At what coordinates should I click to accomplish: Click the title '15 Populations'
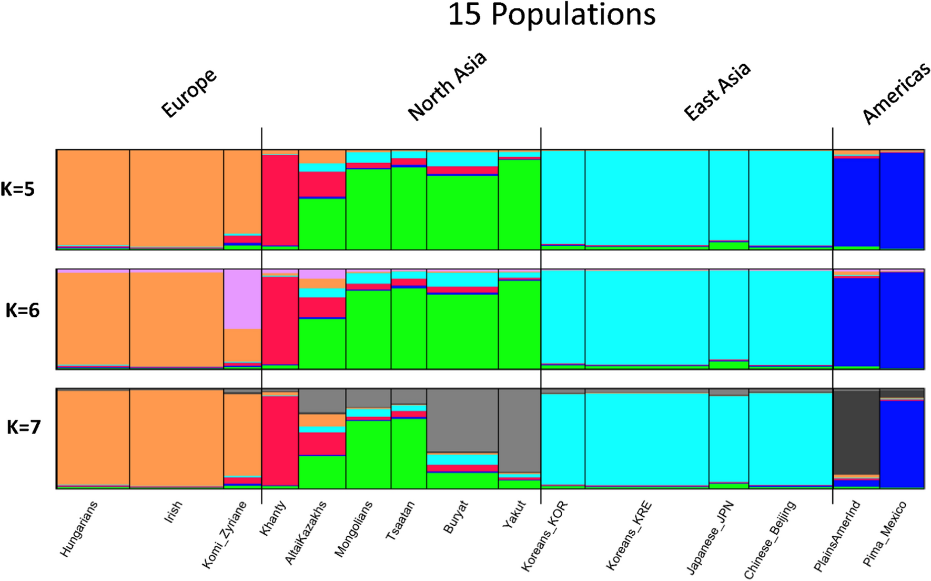551,15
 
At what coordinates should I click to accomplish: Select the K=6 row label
23,311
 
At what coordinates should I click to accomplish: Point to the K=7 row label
24,427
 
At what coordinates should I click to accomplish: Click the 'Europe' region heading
189,93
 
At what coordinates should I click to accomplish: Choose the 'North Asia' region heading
447,86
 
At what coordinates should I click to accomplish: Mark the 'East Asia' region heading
717,92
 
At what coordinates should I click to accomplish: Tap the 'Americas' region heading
896,94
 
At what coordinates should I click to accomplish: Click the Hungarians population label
79,529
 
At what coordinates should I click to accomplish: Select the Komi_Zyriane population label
225,535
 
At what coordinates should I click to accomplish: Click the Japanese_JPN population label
711,537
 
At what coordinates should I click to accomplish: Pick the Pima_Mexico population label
885,534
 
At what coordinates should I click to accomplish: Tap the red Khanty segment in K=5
280,200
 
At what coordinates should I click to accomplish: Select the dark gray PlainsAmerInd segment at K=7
856,432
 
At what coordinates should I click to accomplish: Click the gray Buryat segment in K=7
462,420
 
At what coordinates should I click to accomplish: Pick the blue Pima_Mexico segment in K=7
902,443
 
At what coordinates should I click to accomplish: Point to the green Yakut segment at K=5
519,203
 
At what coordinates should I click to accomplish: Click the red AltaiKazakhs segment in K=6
322,307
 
